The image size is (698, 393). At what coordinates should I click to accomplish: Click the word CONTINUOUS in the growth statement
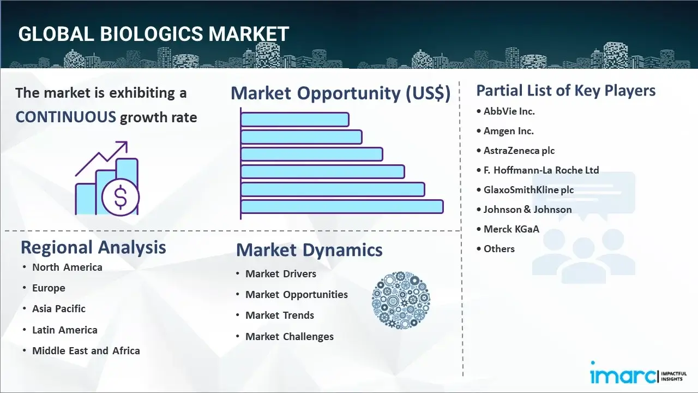pyautogui.click(x=65, y=117)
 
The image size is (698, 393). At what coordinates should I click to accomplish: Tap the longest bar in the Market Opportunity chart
pyautogui.click(x=342, y=207)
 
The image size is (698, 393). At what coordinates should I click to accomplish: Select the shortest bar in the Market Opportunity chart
pyautogui.click(x=294, y=119)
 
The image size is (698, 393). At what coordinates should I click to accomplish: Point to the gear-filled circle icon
pyautogui.click(x=401, y=300)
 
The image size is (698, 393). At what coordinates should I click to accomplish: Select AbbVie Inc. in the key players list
pyautogui.click(x=509, y=111)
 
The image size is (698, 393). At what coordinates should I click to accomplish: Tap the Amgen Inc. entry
pyautogui.click(x=508, y=131)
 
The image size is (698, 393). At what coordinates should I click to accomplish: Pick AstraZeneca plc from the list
pyautogui.click(x=519, y=151)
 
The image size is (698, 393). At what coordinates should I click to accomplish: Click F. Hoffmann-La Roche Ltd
pyautogui.click(x=541, y=170)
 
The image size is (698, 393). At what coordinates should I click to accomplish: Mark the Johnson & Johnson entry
pyautogui.click(x=527, y=210)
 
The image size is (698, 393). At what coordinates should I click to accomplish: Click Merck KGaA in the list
pyautogui.click(x=511, y=229)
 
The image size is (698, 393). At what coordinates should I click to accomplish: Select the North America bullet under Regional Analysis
pyautogui.click(x=67, y=267)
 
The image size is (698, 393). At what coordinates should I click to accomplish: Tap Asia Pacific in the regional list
pyautogui.click(x=59, y=309)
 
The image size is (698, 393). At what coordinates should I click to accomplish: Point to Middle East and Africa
pyautogui.click(x=86, y=351)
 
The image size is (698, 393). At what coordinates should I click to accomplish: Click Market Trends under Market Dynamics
pyautogui.click(x=280, y=315)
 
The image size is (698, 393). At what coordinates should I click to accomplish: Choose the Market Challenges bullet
pyautogui.click(x=289, y=337)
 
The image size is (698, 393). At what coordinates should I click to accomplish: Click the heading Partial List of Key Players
pyautogui.click(x=565, y=91)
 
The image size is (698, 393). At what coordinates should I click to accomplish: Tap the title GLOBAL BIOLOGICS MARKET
pyautogui.click(x=153, y=34)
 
